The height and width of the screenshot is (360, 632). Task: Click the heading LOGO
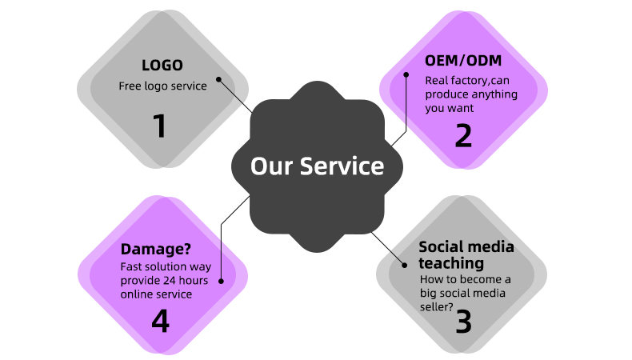[162, 66]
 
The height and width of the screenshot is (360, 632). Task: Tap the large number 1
[160, 126]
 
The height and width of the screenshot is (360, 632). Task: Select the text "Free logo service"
[162, 86]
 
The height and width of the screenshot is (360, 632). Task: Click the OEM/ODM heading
[462, 61]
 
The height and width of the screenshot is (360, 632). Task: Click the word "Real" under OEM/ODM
[437, 80]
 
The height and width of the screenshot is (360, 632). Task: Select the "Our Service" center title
[317, 166]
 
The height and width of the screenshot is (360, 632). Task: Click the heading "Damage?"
[156, 249]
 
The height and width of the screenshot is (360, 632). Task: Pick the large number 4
[161, 321]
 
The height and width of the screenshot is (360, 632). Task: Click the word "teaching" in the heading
[451, 262]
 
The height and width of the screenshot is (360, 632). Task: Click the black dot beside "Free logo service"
[220, 78]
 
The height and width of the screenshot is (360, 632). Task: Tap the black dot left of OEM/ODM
[406, 74]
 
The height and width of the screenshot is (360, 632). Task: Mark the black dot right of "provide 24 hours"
[220, 281]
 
